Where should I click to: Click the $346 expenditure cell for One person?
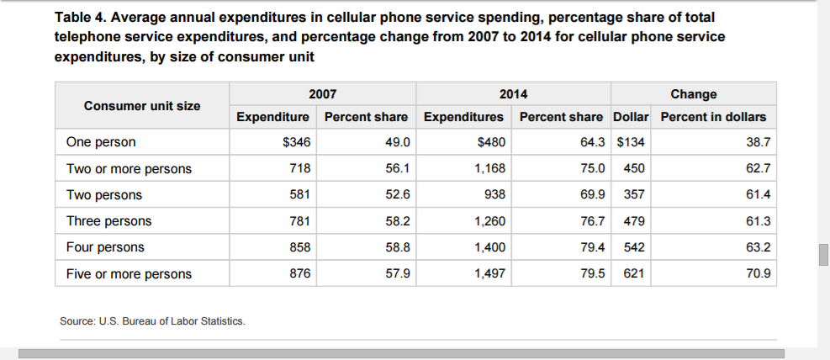[x=297, y=143]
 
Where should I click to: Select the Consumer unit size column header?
[x=142, y=106]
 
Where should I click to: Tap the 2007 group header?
[x=323, y=94]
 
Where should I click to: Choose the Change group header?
[x=694, y=94]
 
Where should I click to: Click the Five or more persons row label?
[x=129, y=274]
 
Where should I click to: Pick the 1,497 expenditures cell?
[x=489, y=274]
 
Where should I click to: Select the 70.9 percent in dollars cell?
[x=759, y=274]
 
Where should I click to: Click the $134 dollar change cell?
[x=631, y=143]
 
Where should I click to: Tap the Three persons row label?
[x=108, y=221]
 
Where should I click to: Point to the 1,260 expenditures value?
[x=489, y=221]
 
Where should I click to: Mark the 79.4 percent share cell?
[x=592, y=247]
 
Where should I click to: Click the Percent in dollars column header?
[x=713, y=117]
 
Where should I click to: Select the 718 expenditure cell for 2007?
[x=300, y=169]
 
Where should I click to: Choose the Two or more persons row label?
[x=129, y=169]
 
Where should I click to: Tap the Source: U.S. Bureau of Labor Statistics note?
[x=152, y=321]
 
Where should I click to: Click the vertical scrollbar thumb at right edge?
[x=824, y=255]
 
